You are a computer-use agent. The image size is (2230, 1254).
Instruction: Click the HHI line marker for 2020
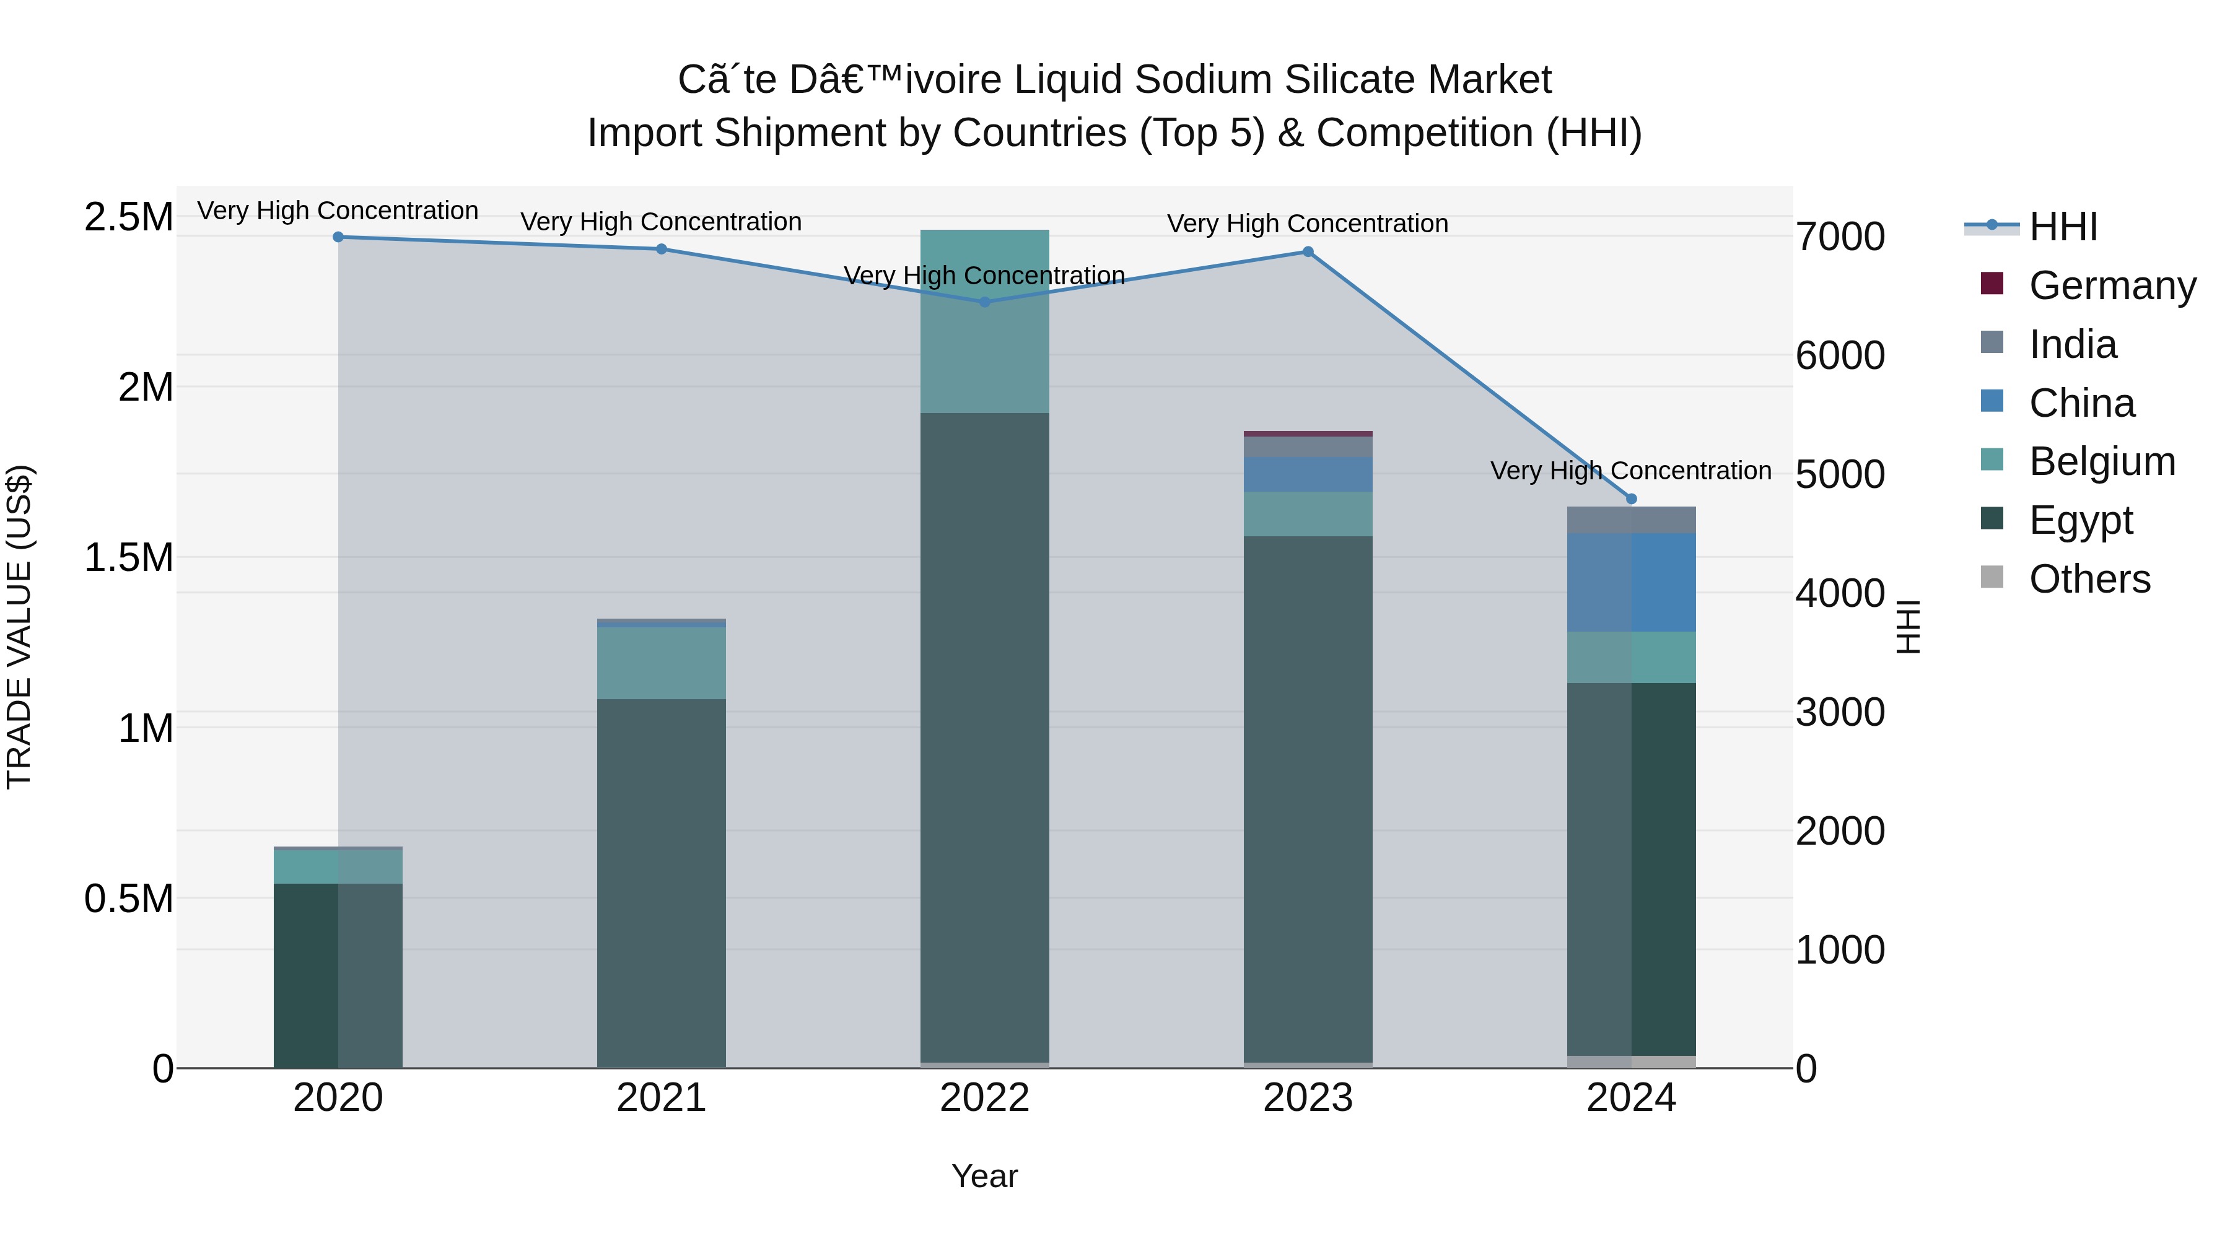pos(338,237)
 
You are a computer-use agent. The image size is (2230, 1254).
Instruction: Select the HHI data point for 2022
pos(984,302)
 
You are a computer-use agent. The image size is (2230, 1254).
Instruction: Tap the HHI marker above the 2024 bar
pos(1632,499)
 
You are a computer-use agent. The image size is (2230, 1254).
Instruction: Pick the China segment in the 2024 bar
pos(1632,583)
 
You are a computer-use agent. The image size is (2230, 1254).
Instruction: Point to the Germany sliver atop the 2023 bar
pos(1308,433)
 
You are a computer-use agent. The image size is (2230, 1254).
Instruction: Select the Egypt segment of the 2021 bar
pos(662,882)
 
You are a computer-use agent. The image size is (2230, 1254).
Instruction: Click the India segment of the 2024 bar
pos(1632,520)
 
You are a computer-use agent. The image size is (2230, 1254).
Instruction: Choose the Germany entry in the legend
pos(2112,285)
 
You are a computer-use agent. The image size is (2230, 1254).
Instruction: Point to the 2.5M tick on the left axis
pos(128,216)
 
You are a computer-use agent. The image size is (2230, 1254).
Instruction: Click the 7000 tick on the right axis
pos(1840,237)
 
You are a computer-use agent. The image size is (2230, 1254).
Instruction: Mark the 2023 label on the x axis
pos(1308,1098)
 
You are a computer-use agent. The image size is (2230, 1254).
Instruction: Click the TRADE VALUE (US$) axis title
pos(19,627)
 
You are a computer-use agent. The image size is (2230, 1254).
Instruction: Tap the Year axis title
pos(984,1176)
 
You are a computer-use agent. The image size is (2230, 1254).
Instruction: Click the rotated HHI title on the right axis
pos(1908,627)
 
